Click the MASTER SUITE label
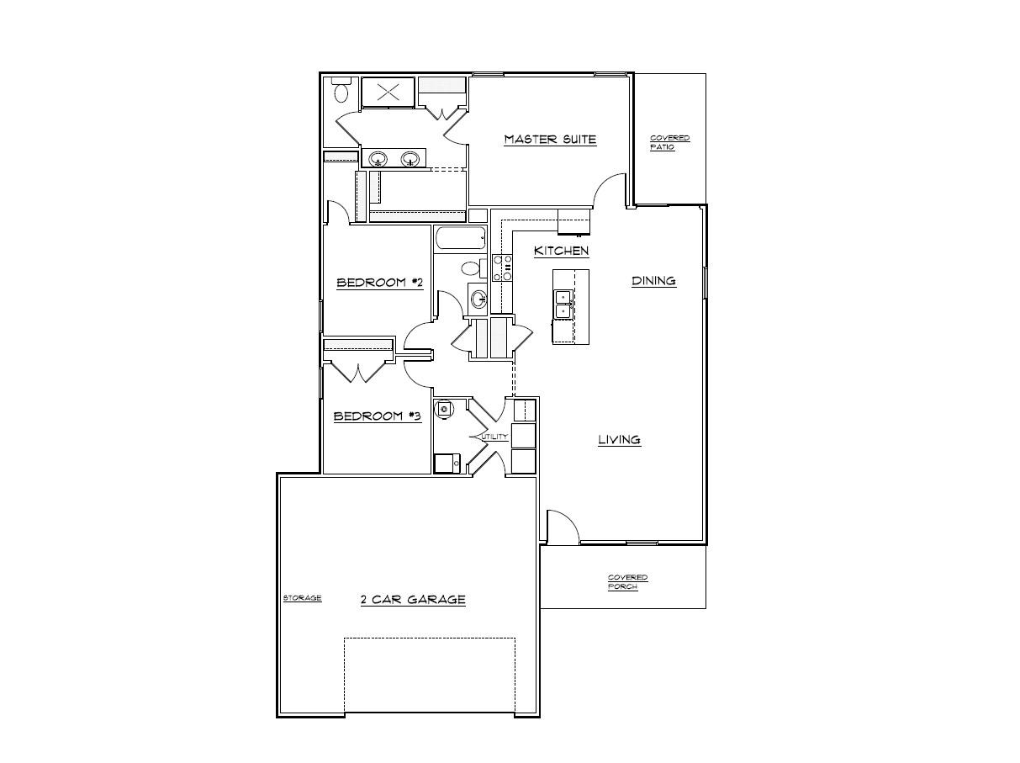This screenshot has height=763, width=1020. pos(550,140)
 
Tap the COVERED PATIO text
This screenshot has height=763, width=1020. pos(669,142)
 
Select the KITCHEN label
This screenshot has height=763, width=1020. pos(561,251)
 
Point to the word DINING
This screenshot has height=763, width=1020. pos(653,281)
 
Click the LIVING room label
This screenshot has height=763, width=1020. pos(619,439)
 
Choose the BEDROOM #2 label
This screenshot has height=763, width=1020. pos(378,283)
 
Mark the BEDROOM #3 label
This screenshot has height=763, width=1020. pos(377,416)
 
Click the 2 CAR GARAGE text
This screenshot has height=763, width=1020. pos(412,600)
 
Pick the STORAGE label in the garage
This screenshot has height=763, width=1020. pos(302,598)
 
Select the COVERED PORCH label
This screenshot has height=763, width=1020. pos(627,582)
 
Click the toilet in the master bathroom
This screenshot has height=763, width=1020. pos(341,90)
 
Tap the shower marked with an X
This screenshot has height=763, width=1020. pos(388,93)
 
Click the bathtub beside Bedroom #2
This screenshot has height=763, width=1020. pos(460,239)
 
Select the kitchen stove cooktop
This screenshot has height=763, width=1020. pos(502,268)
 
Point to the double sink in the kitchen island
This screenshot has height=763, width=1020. pos(562,303)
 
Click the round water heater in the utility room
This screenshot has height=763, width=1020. pos(444,409)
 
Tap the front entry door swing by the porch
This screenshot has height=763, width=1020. pos(562,527)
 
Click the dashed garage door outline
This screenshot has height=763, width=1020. pos(429,673)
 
